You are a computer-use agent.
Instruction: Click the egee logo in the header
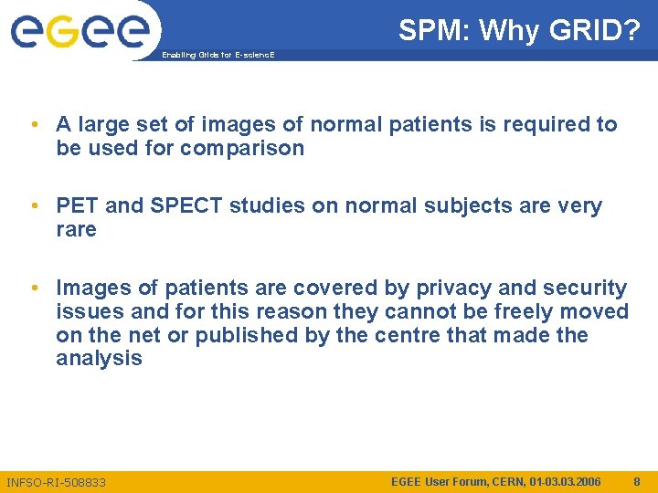coord(80,29)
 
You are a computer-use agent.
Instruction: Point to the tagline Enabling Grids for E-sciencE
coord(218,56)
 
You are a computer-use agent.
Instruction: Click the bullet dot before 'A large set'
coord(33,125)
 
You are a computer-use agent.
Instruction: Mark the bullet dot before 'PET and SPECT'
coord(33,206)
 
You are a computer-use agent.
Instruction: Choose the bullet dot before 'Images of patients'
coord(33,288)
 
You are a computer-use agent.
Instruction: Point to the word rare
coord(76,229)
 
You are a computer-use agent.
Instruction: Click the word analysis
coord(99,359)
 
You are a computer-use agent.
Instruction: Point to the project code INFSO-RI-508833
coord(56,482)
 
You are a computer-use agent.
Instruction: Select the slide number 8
coord(636,481)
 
